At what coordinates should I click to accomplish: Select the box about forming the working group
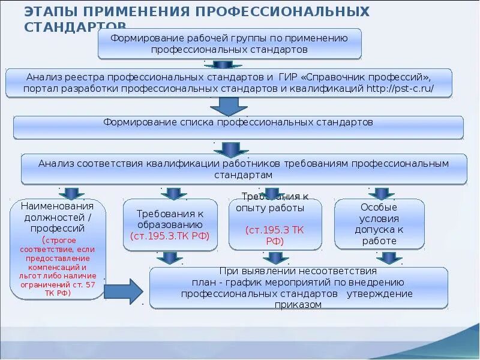[229, 44]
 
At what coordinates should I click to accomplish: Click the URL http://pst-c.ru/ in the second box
[400, 89]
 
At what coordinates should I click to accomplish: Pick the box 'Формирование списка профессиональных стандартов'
[238, 127]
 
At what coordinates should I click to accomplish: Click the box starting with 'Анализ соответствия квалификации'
[244, 169]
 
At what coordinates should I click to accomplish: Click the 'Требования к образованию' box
[170, 224]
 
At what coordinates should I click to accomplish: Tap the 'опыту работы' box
[275, 224]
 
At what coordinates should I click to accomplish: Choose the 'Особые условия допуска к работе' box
[379, 224]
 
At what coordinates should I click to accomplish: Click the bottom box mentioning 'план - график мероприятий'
[298, 288]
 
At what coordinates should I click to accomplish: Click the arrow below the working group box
[223, 64]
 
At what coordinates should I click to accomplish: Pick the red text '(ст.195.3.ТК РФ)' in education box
[170, 236]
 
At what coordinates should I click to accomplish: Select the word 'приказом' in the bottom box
[298, 305]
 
